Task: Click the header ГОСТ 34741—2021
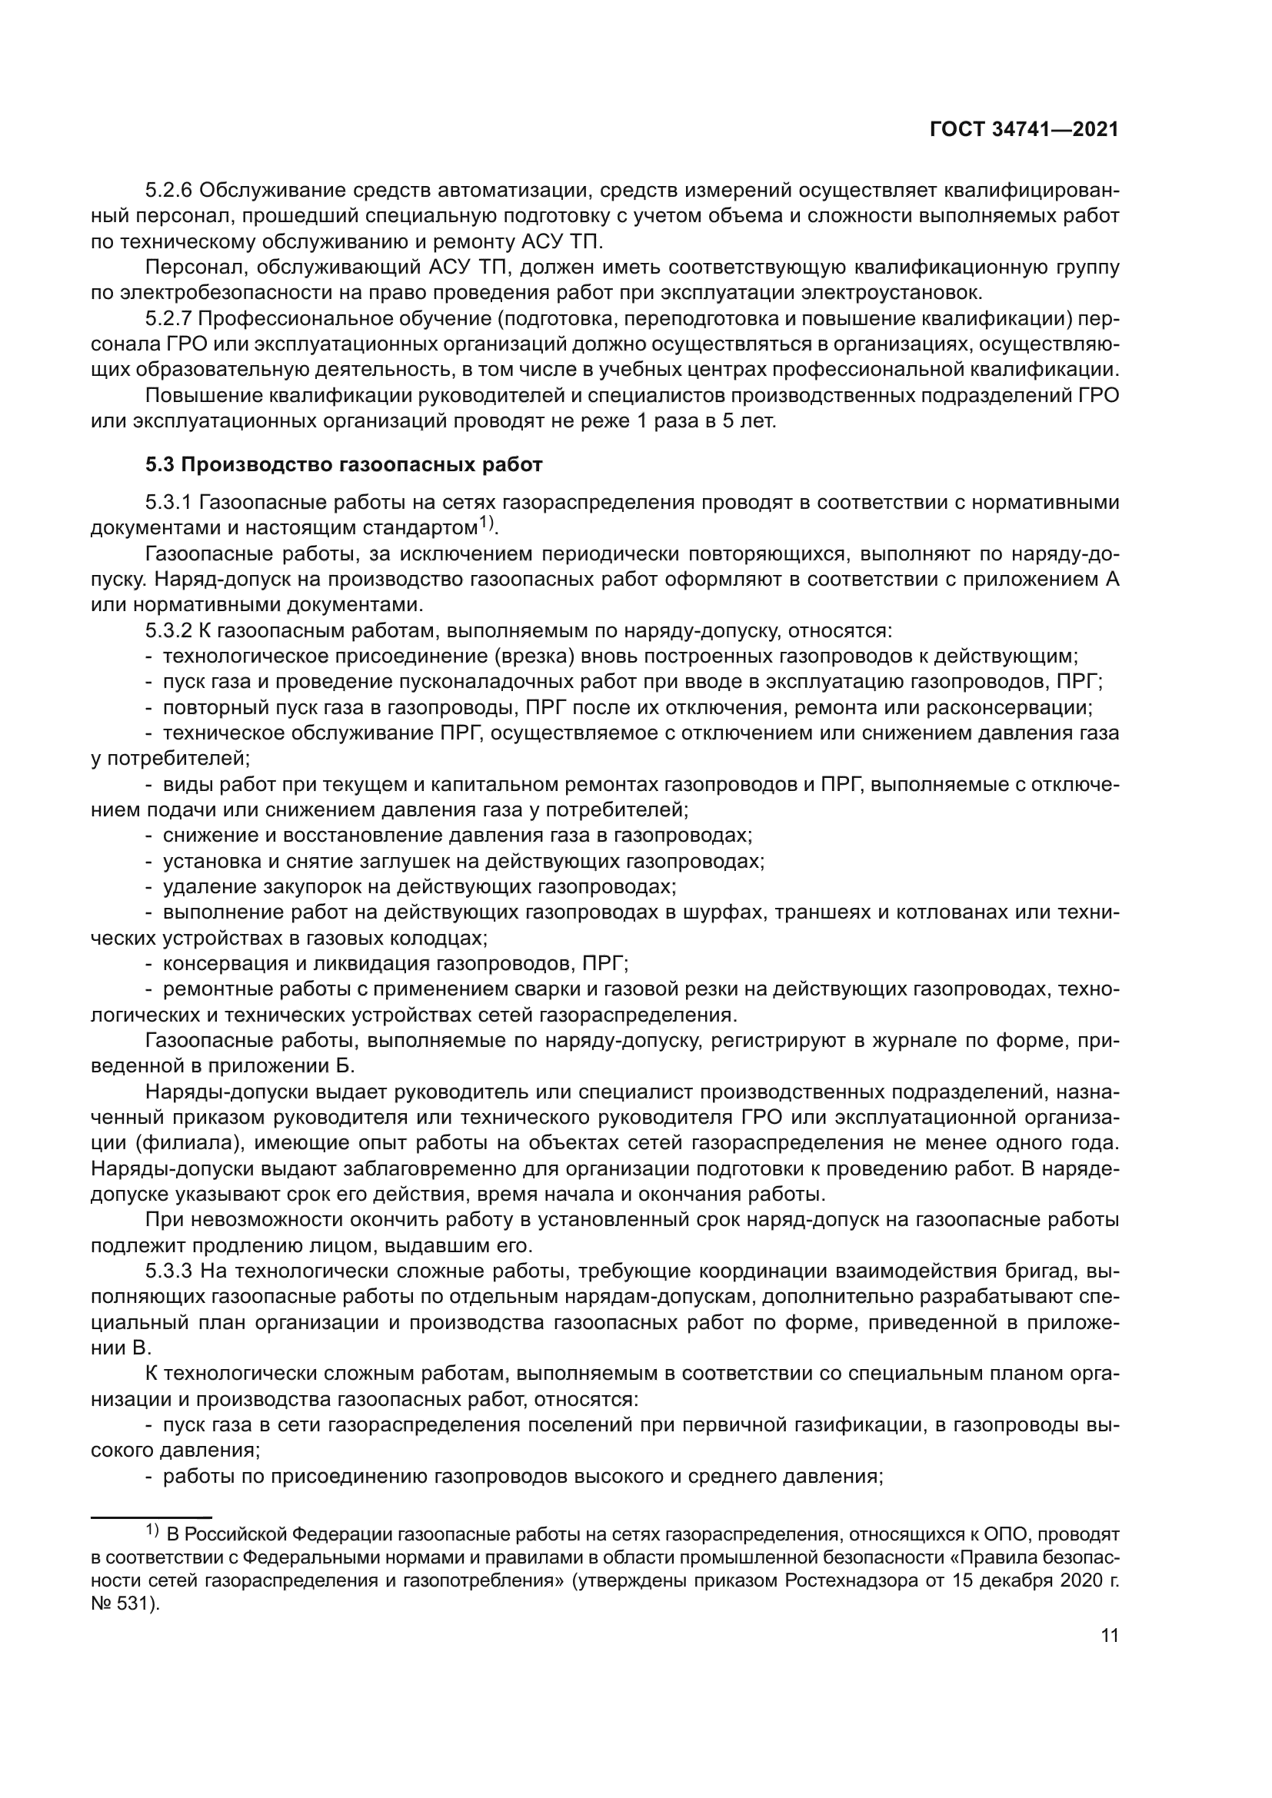coord(1024,130)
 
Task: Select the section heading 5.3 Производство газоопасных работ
coord(343,464)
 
